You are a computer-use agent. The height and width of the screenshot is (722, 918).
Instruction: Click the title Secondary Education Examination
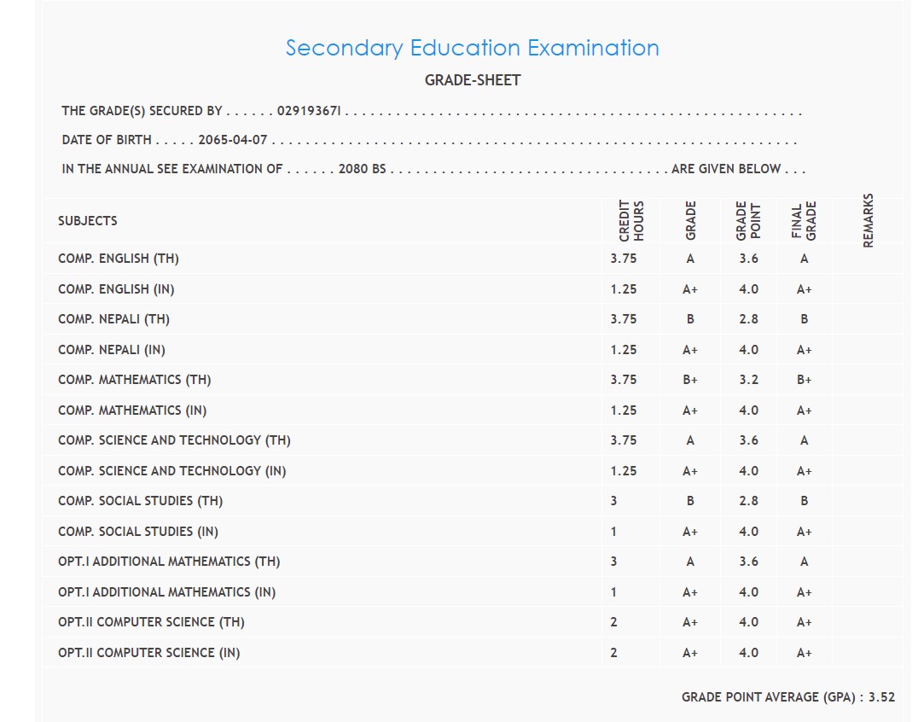tap(472, 48)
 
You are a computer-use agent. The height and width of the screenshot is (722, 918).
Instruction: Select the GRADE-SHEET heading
tap(472, 80)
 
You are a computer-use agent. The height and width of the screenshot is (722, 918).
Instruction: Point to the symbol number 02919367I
tap(310, 111)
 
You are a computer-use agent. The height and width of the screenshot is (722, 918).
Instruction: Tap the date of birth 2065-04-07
tap(233, 140)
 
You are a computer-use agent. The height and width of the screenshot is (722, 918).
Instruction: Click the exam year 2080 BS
tap(363, 169)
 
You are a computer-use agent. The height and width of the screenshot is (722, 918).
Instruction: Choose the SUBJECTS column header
tap(88, 221)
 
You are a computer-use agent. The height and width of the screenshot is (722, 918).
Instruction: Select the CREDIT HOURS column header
tap(631, 220)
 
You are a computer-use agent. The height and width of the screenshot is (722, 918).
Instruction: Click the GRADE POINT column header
tap(747, 220)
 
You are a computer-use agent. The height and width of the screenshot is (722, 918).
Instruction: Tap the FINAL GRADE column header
tap(804, 220)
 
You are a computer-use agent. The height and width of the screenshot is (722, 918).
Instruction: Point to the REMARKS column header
tap(869, 220)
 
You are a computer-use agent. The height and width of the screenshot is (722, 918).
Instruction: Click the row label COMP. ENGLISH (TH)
tap(119, 259)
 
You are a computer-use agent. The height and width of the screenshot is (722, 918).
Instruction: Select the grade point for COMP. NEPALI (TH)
tap(748, 319)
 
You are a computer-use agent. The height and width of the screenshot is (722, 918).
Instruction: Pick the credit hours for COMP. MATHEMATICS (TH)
tap(624, 380)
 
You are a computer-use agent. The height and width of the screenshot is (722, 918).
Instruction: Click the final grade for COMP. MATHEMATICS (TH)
tap(804, 380)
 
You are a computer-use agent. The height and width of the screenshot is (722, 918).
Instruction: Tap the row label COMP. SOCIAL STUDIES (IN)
tap(138, 532)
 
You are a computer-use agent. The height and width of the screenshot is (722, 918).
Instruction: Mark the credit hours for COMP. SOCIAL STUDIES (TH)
tap(613, 501)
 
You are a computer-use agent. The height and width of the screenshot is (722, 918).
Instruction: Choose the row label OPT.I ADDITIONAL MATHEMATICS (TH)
tap(169, 562)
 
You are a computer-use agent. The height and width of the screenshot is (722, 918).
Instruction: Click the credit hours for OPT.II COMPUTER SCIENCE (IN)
tap(613, 653)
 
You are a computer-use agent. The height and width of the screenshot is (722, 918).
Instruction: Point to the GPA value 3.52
tap(881, 697)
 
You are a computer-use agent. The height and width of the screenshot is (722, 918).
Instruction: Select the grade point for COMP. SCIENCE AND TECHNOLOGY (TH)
tap(748, 440)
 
